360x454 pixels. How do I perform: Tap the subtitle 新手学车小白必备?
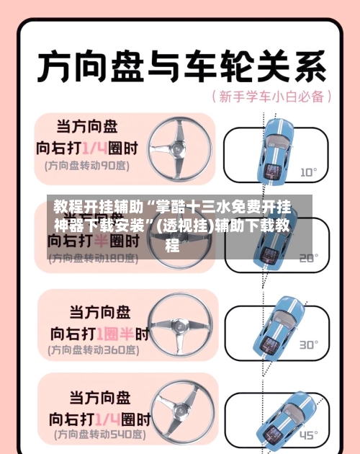point(271,96)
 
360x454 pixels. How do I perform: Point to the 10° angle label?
point(308,172)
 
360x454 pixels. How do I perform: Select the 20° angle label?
point(308,257)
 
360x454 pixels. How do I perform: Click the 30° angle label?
point(308,344)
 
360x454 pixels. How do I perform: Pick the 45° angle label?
point(308,435)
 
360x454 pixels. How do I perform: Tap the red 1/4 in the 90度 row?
point(94,148)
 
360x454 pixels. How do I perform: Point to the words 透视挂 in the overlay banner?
point(184,226)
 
